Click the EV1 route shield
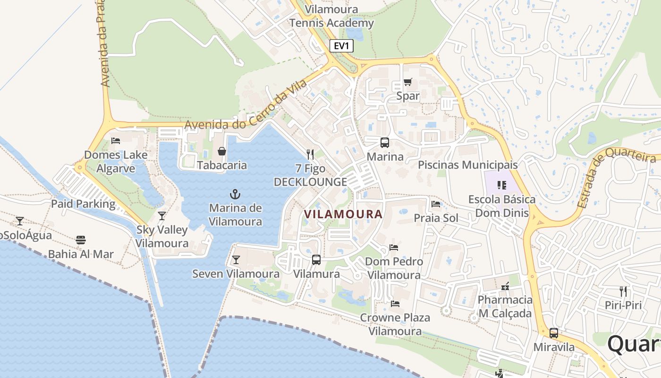(341, 46)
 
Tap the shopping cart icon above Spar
(408, 82)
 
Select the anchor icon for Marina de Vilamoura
(235, 194)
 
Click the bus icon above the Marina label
(385, 142)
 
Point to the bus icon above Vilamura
(316, 259)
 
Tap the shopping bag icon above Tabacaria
(221, 151)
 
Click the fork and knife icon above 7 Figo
(310, 154)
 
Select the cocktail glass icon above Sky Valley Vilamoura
(162, 216)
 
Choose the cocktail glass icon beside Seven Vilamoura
(236, 259)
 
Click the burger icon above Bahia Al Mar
(81, 240)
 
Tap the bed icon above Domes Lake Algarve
(116, 141)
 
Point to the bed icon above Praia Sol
(436, 204)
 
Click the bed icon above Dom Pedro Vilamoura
(394, 247)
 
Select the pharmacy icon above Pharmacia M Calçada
(505, 286)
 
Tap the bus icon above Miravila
(554, 333)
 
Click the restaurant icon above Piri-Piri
(623, 291)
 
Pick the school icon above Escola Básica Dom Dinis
(501, 185)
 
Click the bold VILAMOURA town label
(343, 214)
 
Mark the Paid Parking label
(83, 204)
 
